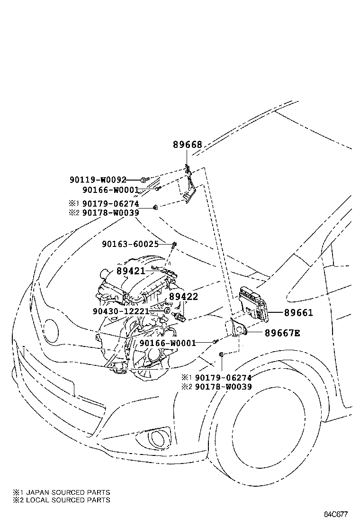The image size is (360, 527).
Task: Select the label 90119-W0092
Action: [98, 180]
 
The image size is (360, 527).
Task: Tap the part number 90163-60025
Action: [130, 244]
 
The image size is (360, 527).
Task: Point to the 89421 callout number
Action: [131, 271]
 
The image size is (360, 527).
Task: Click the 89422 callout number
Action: [183, 297]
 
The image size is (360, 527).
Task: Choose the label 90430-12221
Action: [121, 311]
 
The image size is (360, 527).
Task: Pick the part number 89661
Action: [298, 313]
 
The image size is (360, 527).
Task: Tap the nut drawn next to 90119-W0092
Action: [143, 180]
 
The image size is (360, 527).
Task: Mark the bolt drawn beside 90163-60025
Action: [175, 245]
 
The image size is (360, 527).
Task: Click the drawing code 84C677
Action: [336, 514]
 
